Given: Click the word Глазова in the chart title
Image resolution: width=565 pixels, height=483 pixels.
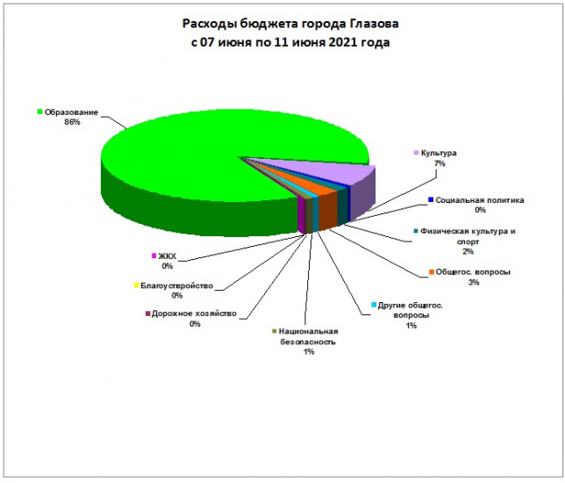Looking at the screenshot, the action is pyautogui.click(x=375, y=24).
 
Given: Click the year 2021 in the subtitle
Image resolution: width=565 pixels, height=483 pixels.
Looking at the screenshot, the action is pyautogui.click(x=343, y=42).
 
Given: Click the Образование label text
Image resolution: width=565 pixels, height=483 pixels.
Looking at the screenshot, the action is pyautogui.click(x=71, y=112).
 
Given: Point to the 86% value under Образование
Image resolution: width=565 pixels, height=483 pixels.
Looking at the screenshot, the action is pyautogui.click(x=72, y=122).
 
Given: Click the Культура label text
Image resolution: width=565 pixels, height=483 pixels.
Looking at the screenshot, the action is pyautogui.click(x=439, y=153).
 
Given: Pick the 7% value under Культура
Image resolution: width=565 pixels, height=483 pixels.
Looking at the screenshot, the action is pyautogui.click(x=440, y=163).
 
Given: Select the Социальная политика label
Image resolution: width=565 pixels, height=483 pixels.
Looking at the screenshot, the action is pyautogui.click(x=480, y=200).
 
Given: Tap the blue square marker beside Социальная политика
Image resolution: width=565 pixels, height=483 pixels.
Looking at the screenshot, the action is pyautogui.click(x=431, y=200).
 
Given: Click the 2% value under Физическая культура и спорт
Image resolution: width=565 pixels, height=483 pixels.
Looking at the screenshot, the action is pyautogui.click(x=468, y=251).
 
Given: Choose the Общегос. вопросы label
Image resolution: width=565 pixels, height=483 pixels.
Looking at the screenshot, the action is pyautogui.click(x=473, y=272).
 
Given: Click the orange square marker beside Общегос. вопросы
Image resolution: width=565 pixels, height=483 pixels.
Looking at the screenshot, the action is pyautogui.click(x=431, y=272).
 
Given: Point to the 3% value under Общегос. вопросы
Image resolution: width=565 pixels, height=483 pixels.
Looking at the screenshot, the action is pyautogui.click(x=474, y=283).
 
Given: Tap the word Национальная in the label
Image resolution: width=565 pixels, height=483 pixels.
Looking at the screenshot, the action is pyautogui.click(x=308, y=331).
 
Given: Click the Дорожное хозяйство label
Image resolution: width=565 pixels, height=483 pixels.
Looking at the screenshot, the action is pyautogui.click(x=194, y=314).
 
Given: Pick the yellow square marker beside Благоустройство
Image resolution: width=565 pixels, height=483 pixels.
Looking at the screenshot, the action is pyautogui.click(x=136, y=285).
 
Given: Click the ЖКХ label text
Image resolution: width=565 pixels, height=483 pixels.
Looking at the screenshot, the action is pyautogui.click(x=168, y=256).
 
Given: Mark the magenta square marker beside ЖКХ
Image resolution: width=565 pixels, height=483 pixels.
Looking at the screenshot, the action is pyautogui.click(x=154, y=256).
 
